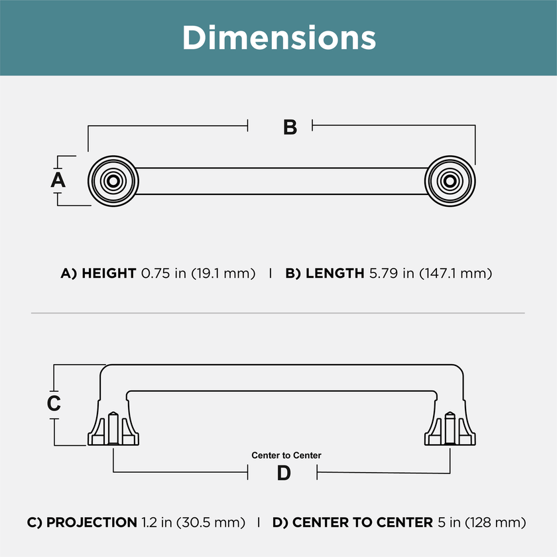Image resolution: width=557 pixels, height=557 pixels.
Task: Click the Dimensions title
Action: coord(279,38)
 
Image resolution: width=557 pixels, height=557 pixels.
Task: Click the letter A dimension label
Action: coord(58,180)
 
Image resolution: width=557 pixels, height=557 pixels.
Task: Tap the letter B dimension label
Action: coord(290,127)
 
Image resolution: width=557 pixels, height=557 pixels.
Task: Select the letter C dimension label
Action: coord(54,403)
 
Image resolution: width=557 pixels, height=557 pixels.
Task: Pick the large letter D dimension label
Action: coord(284,473)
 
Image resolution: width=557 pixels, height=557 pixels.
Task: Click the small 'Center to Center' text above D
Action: coord(286,456)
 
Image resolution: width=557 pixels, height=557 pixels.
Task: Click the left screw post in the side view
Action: coord(113,428)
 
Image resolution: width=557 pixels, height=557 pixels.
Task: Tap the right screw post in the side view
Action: coord(450,428)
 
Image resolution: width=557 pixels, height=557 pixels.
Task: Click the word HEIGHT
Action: coord(109,273)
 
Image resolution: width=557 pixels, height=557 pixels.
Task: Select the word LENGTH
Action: coord(335,273)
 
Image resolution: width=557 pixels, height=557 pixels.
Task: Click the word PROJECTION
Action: coord(92,523)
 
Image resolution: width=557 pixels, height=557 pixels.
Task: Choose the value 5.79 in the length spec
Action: coord(384,273)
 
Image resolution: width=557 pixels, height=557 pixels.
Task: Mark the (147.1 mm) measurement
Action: coord(456,274)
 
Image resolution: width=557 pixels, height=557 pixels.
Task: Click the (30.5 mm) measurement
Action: coord(211,523)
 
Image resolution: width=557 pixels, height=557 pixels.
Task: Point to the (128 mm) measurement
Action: coord(495,523)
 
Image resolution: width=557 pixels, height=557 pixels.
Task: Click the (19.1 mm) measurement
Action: coord(223,274)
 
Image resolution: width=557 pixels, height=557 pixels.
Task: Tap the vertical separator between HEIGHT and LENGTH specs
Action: coord(271,273)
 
